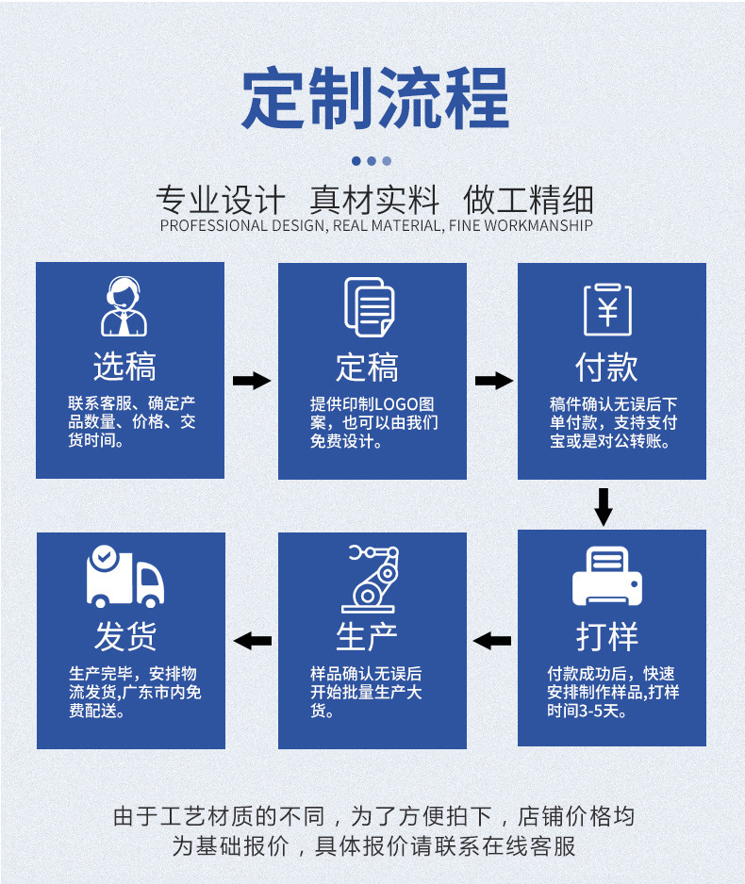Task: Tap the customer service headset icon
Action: pyautogui.click(x=124, y=306)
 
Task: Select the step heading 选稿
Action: pyautogui.click(x=124, y=367)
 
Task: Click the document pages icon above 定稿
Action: pyautogui.click(x=368, y=306)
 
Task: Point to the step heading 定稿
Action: pyautogui.click(x=368, y=367)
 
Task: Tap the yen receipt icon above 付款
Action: pyautogui.click(x=607, y=308)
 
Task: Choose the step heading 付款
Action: pyautogui.click(x=607, y=367)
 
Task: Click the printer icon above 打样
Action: pyautogui.click(x=607, y=576)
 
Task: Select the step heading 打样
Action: pyautogui.click(x=607, y=636)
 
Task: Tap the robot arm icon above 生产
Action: pyautogui.click(x=369, y=578)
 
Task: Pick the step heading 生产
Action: pyautogui.click(x=368, y=636)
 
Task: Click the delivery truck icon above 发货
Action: pyautogui.click(x=124, y=576)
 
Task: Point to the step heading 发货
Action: pyautogui.click(x=124, y=636)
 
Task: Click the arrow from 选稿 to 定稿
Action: pyautogui.click(x=251, y=381)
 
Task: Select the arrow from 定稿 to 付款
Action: pyautogui.click(x=493, y=381)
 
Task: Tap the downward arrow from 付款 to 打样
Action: pyautogui.click(x=604, y=506)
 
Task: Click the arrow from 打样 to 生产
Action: pyautogui.click(x=492, y=641)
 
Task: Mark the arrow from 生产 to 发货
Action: pyautogui.click(x=252, y=641)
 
